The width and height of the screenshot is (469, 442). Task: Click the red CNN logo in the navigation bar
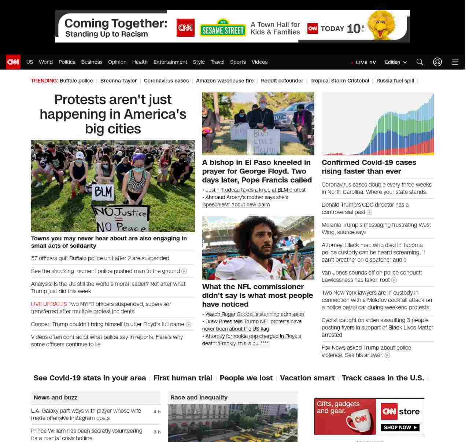(13, 62)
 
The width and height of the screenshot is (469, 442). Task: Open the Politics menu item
(67, 62)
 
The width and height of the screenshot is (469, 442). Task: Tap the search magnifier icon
(420, 62)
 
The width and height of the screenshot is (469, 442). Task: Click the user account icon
(437, 62)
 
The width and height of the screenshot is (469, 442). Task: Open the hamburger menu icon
(455, 62)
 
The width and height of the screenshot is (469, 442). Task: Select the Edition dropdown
(396, 62)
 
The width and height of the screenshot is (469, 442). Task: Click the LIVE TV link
(363, 62)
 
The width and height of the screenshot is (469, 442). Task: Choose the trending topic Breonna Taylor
(118, 81)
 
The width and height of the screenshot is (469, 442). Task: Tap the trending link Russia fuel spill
(395, 81)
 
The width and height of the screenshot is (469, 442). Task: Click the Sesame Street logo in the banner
(223, 28)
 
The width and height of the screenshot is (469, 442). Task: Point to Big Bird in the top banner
(382, 25)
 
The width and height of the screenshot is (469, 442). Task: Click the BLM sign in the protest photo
(104, 192)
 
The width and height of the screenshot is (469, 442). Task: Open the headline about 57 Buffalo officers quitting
(100, 258)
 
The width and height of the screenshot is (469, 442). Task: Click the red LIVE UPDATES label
(49, 304)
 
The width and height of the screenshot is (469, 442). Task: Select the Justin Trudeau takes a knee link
(255, 190)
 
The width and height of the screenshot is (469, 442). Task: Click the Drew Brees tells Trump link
(253, 321)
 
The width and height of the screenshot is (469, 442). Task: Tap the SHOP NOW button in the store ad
(400, 427)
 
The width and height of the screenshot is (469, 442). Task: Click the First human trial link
(183, 378)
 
